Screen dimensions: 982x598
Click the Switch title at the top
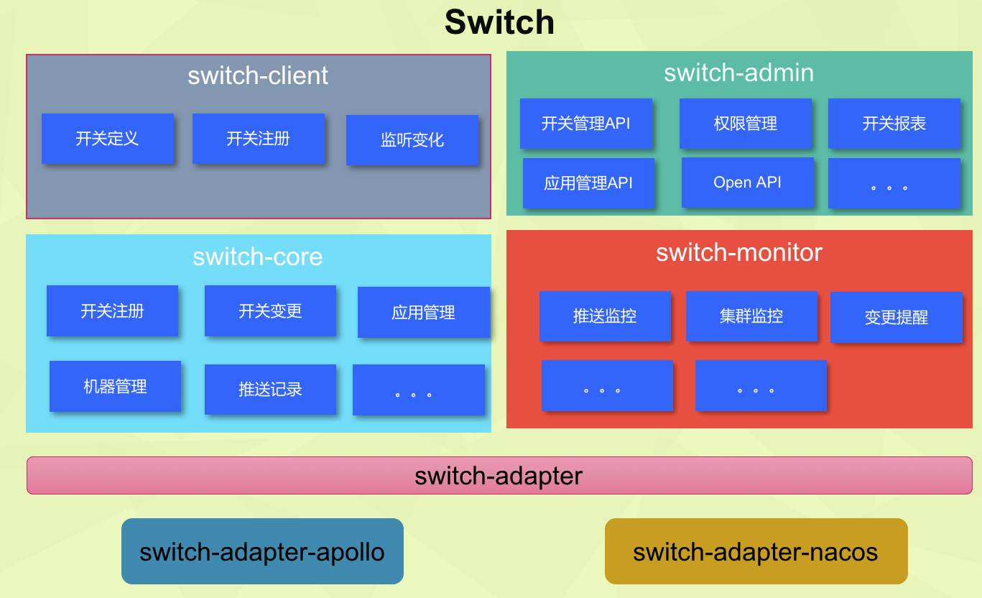499,22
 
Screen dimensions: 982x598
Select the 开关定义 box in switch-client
108,139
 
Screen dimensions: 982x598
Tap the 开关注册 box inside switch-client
258,139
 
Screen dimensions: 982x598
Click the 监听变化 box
412,140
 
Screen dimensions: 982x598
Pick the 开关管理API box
585,124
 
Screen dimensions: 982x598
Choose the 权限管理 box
745,124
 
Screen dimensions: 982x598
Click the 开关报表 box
894,124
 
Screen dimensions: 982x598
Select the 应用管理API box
588,183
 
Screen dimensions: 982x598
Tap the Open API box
748,182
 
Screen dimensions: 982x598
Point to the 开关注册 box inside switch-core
112,310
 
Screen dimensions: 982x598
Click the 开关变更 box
270,310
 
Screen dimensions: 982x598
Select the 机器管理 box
115,386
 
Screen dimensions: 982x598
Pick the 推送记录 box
270,389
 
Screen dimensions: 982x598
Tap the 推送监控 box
605,316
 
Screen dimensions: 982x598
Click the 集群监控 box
751,316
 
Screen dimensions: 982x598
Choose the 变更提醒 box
896,317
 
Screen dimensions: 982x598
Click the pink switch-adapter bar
499,475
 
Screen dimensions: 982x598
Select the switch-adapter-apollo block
262,551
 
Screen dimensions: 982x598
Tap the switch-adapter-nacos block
756,551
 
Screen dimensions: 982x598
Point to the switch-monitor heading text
739,252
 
